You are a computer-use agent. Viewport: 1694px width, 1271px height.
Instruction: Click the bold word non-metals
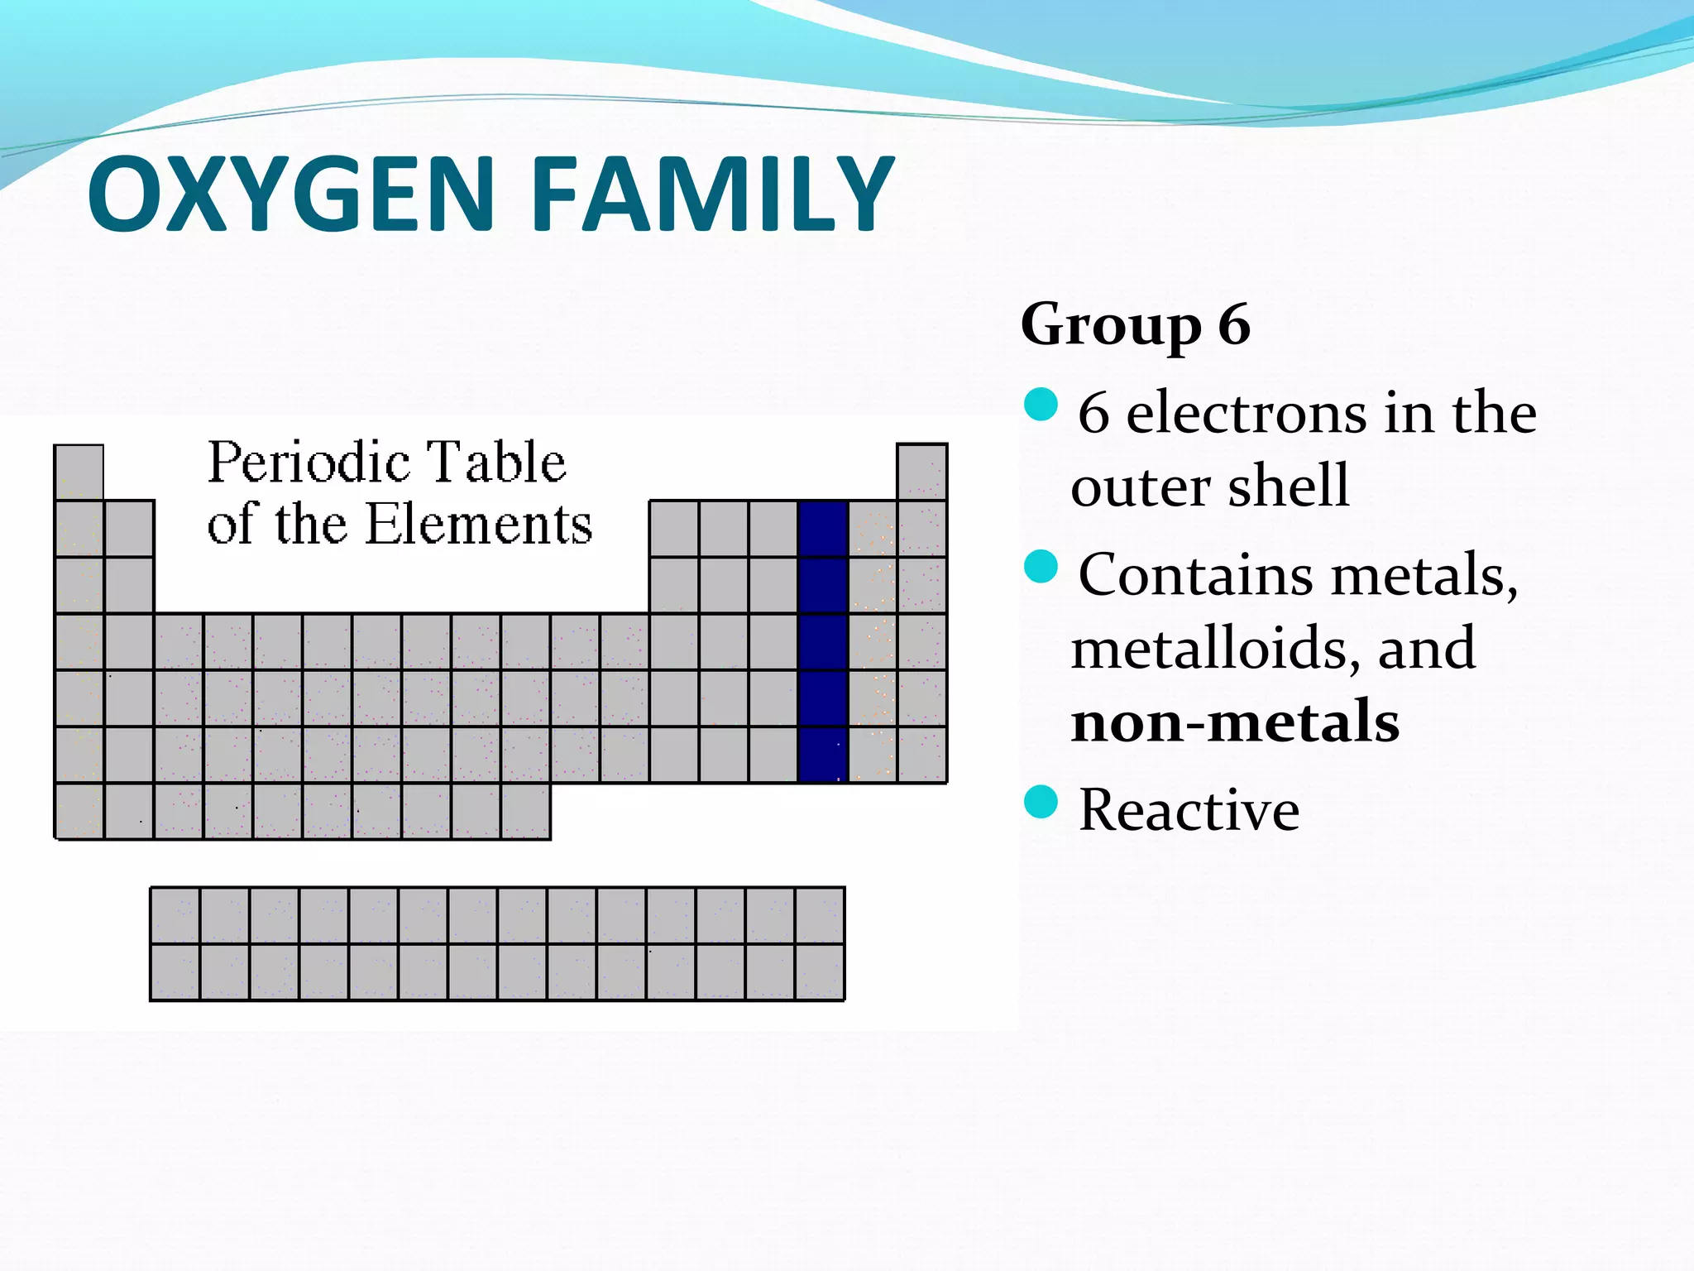pos(1234,722)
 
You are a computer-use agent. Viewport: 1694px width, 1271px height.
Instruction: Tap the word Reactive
pos(1189,810)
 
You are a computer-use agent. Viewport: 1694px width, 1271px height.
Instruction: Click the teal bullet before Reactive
pos(1041,802)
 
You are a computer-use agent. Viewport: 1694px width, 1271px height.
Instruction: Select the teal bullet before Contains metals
pos(1041,567)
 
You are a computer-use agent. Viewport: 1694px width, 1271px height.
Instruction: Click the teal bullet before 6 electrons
pos(1041,405)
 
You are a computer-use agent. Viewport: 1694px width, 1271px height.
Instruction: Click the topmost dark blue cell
pos(823,528)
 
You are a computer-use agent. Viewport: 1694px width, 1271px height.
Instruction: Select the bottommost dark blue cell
pos(823,755)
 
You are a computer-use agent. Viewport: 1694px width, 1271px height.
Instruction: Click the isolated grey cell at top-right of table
pos(921,472)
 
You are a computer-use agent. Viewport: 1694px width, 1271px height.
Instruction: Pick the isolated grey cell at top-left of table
pos(79,472)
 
